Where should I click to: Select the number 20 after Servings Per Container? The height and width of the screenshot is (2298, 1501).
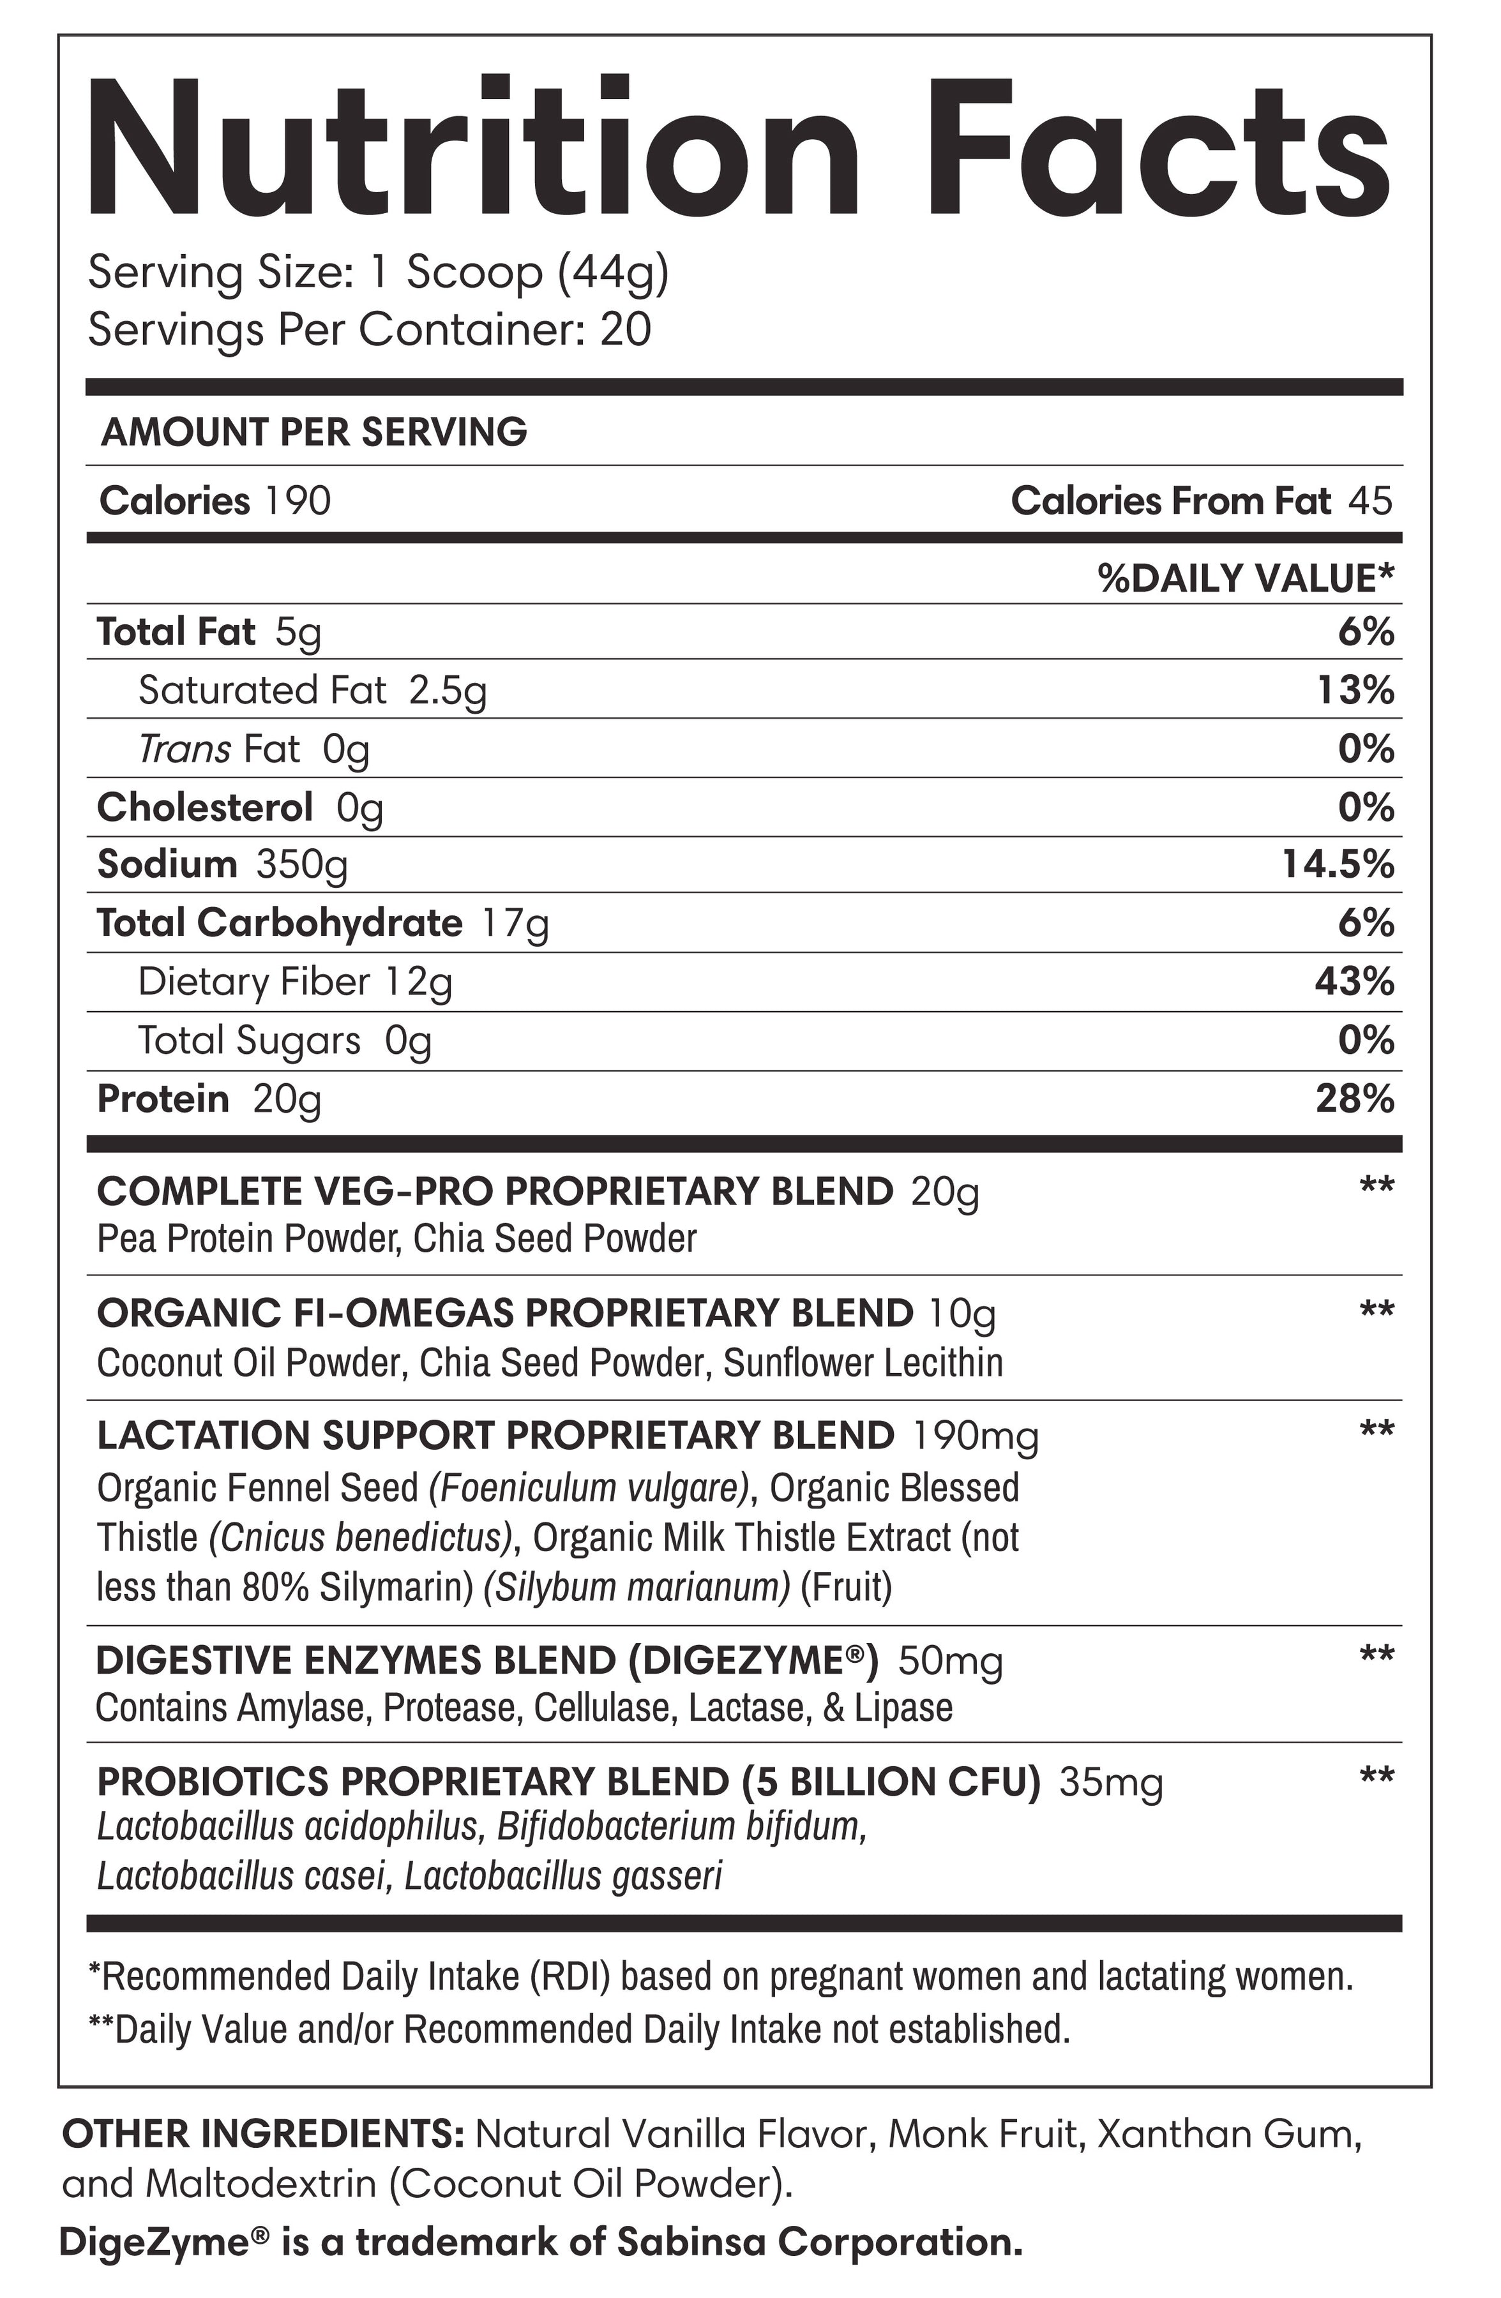[626, 330]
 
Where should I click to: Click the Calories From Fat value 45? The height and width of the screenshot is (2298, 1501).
[1371, 500]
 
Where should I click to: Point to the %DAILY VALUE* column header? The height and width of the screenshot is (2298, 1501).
[1246, 578]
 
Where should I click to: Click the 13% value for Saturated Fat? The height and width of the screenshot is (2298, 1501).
[1356, 691]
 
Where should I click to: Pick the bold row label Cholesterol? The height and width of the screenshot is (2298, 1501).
[205, 807]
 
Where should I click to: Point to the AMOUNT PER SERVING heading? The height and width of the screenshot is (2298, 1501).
[314, 433]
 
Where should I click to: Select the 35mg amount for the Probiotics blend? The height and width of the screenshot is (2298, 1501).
[1111, 1782]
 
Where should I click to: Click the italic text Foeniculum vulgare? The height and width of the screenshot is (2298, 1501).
[589, 1488]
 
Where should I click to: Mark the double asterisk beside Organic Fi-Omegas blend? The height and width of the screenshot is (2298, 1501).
[1377, 1310]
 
